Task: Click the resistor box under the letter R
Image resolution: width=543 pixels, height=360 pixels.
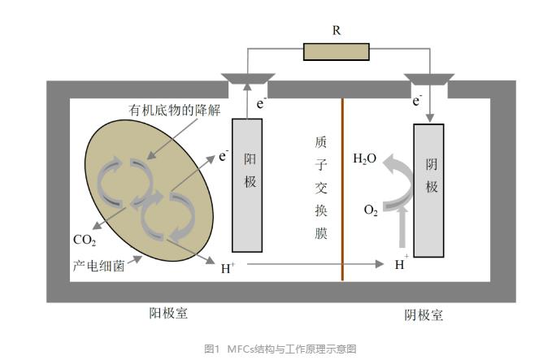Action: click(x=336, y=51)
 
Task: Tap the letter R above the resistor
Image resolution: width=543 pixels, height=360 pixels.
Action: click(x=337, y=31)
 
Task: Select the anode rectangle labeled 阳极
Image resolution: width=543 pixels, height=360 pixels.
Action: click(x=247, y=184)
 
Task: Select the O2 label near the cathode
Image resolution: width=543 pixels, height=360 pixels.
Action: click(x=371, y=210)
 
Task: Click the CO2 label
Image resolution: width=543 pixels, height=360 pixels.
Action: click(x=84, y=240)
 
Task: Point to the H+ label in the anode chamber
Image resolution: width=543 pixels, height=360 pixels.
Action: click(x=228, y=266)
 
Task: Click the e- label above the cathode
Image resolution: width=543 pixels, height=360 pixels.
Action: click(x=417, y=101)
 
